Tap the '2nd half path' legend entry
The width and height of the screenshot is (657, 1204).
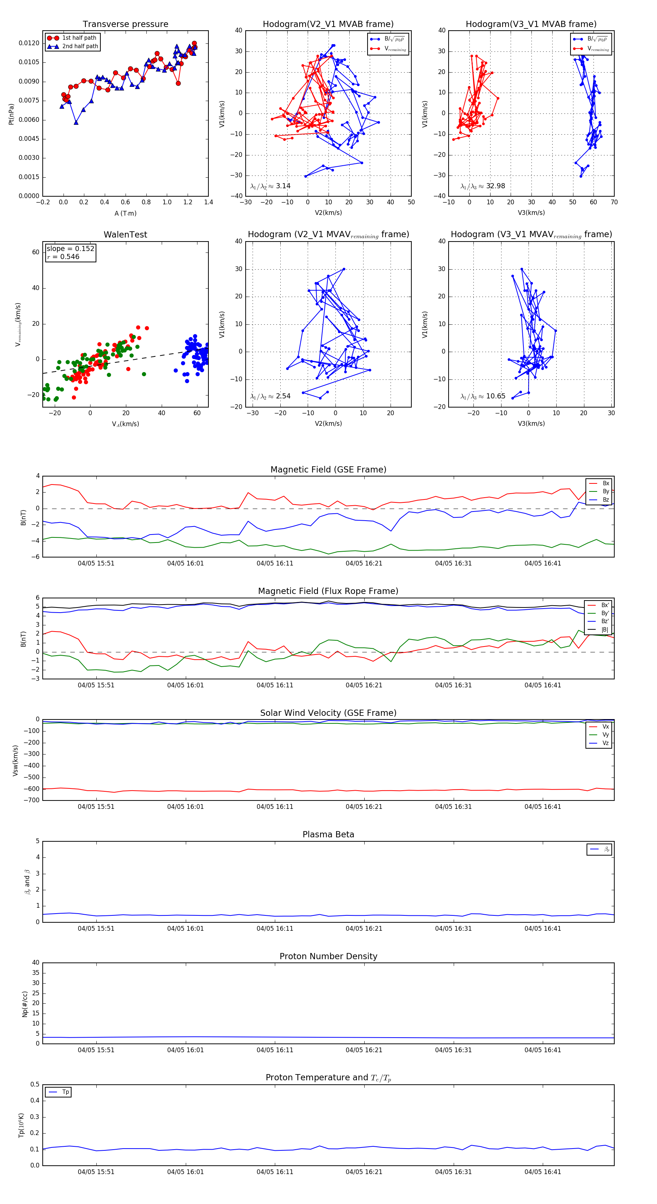click(80, 46)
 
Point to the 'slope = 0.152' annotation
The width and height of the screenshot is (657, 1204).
click(70, 249)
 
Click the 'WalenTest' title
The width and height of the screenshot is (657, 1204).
click(125, 235)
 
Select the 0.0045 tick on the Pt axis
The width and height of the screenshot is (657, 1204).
click(29, 139)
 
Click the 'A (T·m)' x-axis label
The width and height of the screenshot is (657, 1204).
click(125, 213)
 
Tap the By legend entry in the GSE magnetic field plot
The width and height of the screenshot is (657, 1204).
click(606, 491)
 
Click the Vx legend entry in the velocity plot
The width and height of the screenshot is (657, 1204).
click(605, 727)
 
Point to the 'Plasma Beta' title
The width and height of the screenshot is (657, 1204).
click(328, 835)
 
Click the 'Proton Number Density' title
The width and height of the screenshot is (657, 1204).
click(328, 956)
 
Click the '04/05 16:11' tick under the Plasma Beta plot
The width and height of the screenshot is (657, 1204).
click(274, 929)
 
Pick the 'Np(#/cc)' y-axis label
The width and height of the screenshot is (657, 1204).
click(25, 1004)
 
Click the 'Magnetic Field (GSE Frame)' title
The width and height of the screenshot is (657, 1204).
click(328, 470)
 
